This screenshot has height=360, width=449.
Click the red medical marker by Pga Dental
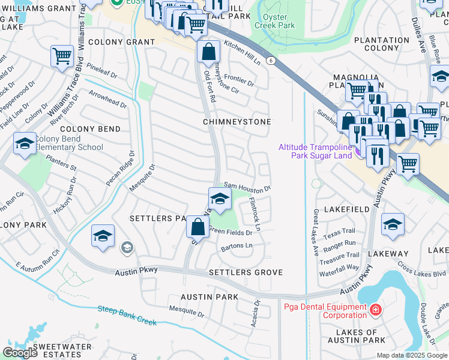[375, 310]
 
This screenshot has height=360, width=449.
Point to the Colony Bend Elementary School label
[69, 143]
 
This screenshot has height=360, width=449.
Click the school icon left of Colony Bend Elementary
[25, 144]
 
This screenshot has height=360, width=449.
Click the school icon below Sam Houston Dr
[220, 199]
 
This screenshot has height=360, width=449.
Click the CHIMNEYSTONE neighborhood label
[237, 122]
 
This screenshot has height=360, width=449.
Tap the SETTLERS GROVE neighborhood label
[245, 272]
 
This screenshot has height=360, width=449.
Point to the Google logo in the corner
[20, 353]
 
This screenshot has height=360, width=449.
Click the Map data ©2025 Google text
[412, 355]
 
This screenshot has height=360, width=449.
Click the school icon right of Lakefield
[393, 224]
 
